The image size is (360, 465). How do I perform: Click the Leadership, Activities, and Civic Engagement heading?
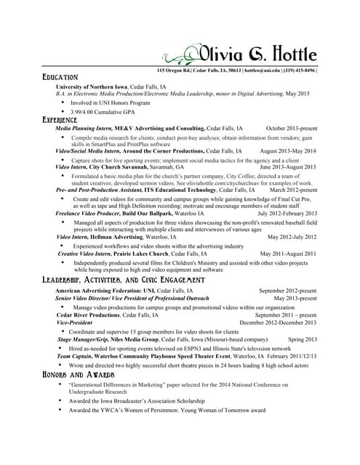(x=123, y=280)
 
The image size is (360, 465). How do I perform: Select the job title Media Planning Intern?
(x=86, y=128)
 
